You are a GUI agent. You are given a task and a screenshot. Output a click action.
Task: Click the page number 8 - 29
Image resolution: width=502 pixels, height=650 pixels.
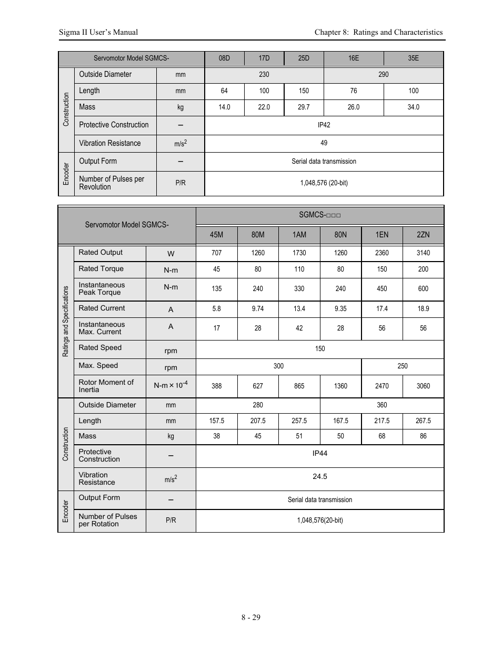[251, 617]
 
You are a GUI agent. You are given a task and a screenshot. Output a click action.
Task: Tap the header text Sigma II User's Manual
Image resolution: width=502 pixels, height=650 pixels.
[98, 32]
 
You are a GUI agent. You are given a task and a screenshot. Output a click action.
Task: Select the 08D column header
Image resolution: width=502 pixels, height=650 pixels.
[224, 58]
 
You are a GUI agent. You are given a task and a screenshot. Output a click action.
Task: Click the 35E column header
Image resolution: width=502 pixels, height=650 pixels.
[414, 58]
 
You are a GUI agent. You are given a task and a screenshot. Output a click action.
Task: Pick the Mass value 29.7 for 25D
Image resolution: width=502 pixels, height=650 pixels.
[304, 107]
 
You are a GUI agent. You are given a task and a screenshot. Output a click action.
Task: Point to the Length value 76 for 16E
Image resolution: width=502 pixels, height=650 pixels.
[354, 91]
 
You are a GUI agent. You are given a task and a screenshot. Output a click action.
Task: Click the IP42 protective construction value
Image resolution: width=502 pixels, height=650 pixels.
[324, 125]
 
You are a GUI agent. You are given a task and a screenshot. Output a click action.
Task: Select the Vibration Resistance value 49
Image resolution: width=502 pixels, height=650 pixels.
[324, 143]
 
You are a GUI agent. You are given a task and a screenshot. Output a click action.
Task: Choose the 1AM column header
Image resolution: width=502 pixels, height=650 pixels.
[299, 235]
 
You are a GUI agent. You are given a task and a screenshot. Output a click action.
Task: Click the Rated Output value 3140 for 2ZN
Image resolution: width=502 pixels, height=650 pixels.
[423, 253]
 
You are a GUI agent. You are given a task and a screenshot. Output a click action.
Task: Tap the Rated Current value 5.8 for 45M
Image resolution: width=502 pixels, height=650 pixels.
[217, 309]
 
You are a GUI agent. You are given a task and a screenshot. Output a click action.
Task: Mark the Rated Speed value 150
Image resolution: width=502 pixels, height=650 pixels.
[320, 349]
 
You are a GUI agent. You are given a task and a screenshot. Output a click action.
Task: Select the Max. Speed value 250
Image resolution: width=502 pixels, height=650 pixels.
[403, 366]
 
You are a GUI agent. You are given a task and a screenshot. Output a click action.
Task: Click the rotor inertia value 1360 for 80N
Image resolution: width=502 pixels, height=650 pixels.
[340, 386]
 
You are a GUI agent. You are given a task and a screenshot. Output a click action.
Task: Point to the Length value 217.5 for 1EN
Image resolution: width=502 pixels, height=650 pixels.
[382, 421]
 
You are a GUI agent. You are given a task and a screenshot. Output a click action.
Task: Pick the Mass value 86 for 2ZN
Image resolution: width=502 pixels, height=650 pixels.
[423, 436]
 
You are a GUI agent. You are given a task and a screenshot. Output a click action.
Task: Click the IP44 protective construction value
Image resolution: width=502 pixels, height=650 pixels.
[320, 454]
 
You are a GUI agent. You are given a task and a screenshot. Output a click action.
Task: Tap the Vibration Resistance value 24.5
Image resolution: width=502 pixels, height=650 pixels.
[320, 477]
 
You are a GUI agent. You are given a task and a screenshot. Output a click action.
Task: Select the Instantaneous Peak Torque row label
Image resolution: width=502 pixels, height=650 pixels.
[102, 289]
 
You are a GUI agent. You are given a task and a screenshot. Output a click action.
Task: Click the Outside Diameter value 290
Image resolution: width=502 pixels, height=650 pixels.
[384, 75]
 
